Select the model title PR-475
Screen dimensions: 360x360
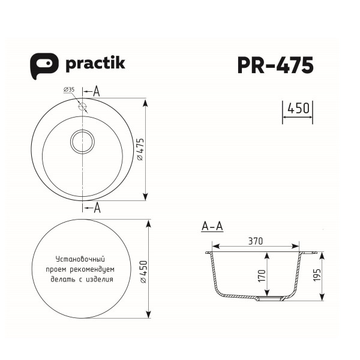[275, 65]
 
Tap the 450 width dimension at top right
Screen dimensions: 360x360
[298, 109]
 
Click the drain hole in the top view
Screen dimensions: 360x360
[83, 142]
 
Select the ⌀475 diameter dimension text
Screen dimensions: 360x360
[139, 151]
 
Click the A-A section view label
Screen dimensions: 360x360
[212, 226]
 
